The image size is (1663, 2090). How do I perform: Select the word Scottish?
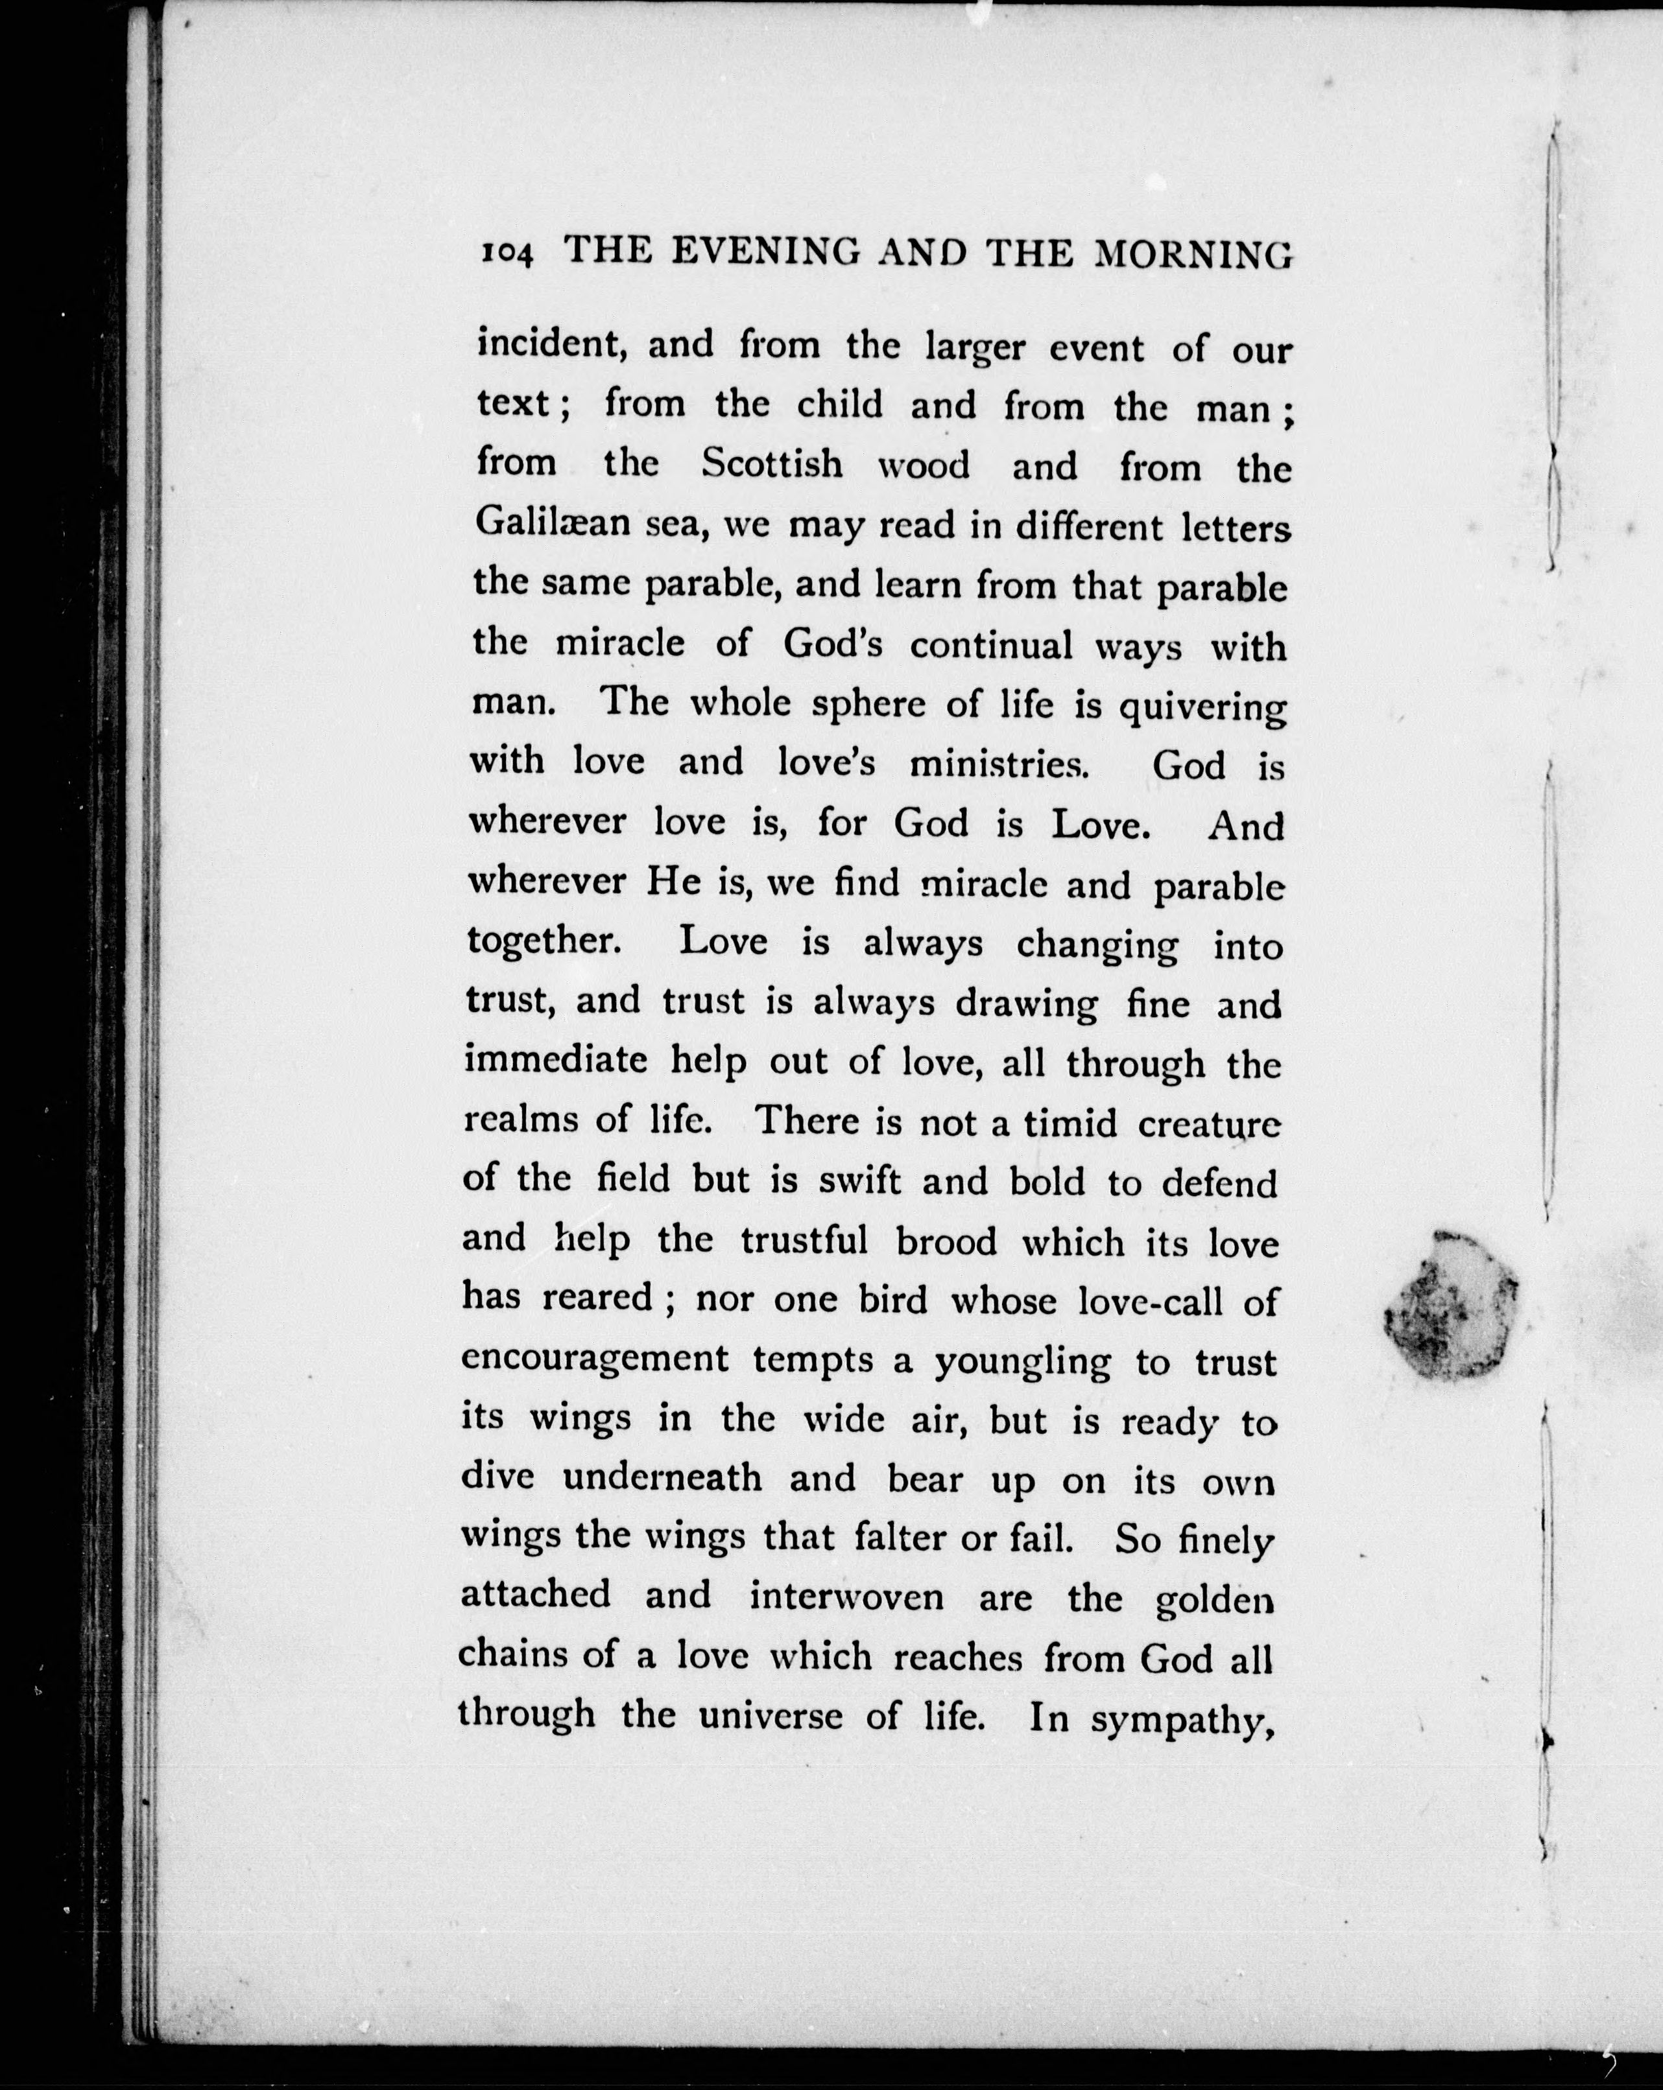(772, 464)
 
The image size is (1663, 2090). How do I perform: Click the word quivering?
(1202, 708)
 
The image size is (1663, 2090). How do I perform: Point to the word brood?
(946, 1242)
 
